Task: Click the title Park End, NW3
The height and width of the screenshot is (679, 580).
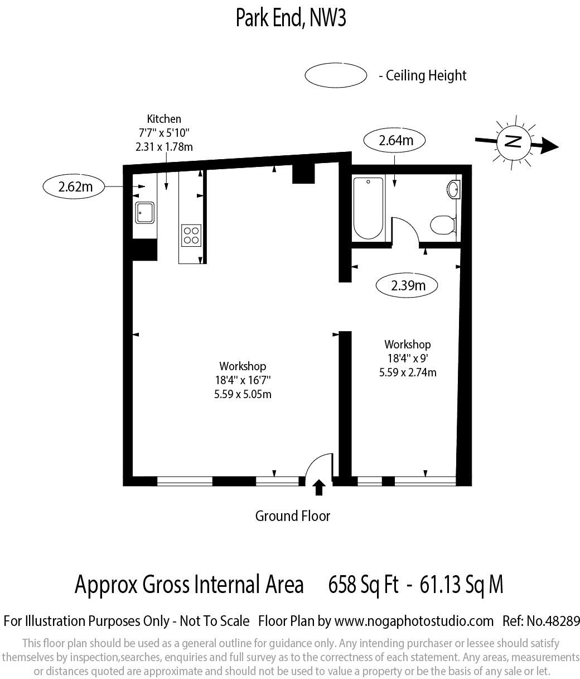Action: coord(291,18)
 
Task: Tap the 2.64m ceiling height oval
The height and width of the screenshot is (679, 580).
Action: coord(395,140)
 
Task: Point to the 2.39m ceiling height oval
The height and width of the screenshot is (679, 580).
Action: coord(407,286)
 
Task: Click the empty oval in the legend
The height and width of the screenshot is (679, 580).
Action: coord(336,75)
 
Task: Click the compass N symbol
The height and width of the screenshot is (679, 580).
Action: coord(512,141)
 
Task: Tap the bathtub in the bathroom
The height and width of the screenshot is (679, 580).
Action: coord(369,207)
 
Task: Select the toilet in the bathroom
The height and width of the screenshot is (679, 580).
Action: coord(443,224)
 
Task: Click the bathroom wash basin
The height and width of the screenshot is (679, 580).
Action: coord(453,189)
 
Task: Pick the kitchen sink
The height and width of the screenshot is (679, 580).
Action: coord(145,212)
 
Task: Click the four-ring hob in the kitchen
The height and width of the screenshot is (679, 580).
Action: coord(191,235)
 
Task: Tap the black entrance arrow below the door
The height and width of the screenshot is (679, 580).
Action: coord(319,487)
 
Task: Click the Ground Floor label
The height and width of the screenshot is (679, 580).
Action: coord(292,516)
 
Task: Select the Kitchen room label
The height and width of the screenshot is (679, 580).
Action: coord(163,118)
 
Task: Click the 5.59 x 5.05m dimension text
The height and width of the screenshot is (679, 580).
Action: coord(242,394)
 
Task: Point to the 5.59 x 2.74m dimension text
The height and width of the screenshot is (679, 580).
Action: coord(407,372)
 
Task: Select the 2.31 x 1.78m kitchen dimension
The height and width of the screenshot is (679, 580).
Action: coord(163,147)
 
